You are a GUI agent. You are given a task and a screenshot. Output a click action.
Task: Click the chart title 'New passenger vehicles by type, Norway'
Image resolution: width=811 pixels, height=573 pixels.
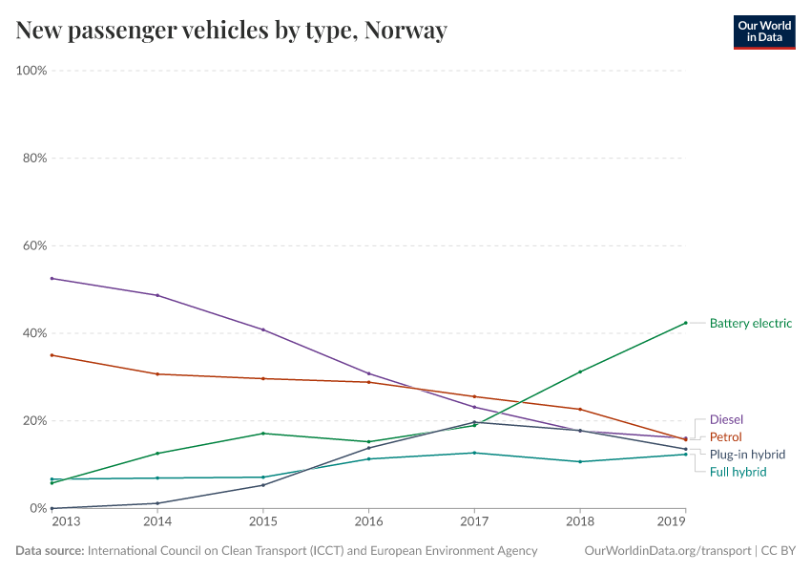[x=231, y=31]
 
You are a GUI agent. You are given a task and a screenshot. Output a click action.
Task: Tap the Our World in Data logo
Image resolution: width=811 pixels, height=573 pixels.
[x=763, y=31]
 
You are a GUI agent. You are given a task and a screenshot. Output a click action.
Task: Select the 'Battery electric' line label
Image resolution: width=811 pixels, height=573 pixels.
[x=750, y=323]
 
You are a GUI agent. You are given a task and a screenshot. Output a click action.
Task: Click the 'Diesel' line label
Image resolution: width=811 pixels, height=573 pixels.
[x=726, y=419]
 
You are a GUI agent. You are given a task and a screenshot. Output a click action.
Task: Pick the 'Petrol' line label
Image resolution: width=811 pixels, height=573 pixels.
[x=725, y=436]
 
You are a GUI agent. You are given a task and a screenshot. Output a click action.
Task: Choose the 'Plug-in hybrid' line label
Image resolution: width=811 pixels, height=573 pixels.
[x=747, y=455]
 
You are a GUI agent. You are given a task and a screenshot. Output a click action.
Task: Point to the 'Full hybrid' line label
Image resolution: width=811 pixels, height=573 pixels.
[x=738, y=472]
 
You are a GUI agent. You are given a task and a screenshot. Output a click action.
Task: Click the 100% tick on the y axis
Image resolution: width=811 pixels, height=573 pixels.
[x=32, y=71]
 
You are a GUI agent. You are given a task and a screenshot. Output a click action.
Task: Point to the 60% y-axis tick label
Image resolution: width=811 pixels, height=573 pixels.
[x=35, y=245]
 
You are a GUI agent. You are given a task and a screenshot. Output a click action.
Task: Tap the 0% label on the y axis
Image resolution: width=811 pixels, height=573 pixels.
[x=38, y=508]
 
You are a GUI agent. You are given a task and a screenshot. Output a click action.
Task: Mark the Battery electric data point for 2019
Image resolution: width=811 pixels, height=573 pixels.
[x=685, y=323]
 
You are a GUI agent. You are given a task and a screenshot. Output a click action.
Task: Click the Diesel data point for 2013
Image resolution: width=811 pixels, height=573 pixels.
[x=52, y=278]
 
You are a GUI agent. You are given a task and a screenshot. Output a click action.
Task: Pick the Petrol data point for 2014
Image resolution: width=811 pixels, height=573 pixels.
[x=157, y=374]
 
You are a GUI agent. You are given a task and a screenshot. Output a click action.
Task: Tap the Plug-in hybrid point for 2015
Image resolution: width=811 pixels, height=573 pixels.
[x=263, y=485]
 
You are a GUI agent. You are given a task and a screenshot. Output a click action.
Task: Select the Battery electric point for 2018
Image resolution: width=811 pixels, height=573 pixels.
[x=579, y=371]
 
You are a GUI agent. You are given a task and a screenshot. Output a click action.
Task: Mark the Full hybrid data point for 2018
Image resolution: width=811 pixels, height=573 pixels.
[x=579, y=461]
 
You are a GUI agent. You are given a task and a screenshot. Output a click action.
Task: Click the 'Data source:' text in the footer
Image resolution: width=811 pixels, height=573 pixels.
[x=50, y=551]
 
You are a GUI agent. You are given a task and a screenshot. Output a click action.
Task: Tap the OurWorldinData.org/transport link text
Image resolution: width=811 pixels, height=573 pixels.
[x=666, y=551]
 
